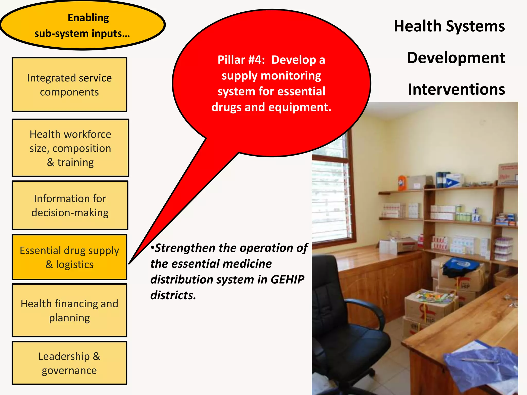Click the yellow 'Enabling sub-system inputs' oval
click(x=82, y=25)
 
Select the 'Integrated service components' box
click(x=69, y=85)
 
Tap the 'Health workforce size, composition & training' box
click(x=70, y=148)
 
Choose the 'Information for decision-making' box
click(x=70, y=205)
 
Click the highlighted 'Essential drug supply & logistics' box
click(x=69, y=257)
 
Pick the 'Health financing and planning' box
click(x=69, y=310)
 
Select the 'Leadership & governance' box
click(x=69, y=363)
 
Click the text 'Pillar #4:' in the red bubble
click(x=241, y=60)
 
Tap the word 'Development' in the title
click(x=456, y=58)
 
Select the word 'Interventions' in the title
click(x=456, y=89)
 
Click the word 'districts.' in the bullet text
click(x=173, y=295)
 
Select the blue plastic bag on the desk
click(x=481, y=365)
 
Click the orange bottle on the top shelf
click(x=401, y=183)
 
